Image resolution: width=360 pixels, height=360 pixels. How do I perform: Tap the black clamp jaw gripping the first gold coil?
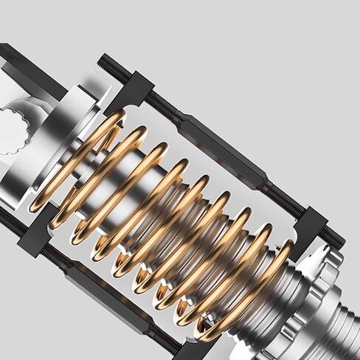[133, 91]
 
